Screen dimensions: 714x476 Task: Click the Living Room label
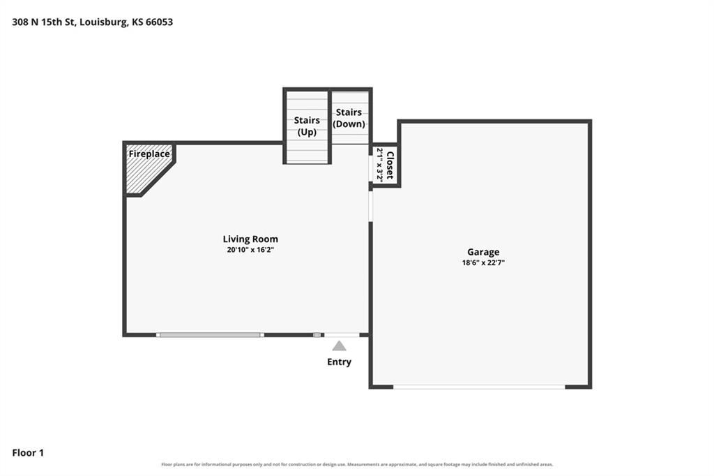250,239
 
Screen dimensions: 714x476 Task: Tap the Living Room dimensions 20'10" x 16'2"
250,250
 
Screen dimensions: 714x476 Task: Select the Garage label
483,252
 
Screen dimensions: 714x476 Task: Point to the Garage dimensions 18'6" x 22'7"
483,262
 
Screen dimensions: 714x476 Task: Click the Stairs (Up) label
307,126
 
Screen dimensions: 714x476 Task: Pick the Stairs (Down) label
349,118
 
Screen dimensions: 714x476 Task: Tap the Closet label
390,165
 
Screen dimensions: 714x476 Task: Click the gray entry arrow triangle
339,346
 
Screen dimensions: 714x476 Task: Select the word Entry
340,362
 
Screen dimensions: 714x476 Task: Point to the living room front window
210,335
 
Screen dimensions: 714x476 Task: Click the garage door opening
479,387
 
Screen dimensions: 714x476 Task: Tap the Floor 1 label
28,453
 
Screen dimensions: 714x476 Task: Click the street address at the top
93,22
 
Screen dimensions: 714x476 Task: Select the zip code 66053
159,22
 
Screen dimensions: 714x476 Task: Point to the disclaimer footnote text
357,465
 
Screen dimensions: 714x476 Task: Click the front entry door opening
342,335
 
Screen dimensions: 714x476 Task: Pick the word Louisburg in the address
104,22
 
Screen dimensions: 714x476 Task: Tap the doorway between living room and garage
371,206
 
